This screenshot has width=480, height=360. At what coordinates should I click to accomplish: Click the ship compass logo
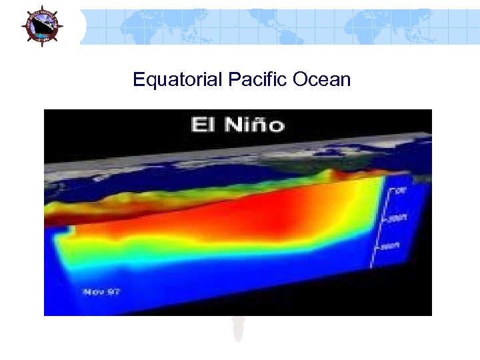tap(41, 26)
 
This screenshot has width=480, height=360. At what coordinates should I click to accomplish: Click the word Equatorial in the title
tap(177, 80)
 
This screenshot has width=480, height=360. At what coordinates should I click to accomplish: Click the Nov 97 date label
tap(101, 291)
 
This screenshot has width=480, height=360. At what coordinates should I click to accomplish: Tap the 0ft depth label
tap(401, 191)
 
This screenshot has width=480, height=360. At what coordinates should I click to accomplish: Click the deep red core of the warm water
tap(253, 213)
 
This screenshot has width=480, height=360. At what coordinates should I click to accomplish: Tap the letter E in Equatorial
tap(138, 80)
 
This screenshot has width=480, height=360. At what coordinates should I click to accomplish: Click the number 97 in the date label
tap(113, 291)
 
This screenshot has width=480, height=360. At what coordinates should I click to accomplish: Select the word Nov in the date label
tap(92, 291)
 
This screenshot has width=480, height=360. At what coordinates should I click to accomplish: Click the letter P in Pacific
tap(233, 80)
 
